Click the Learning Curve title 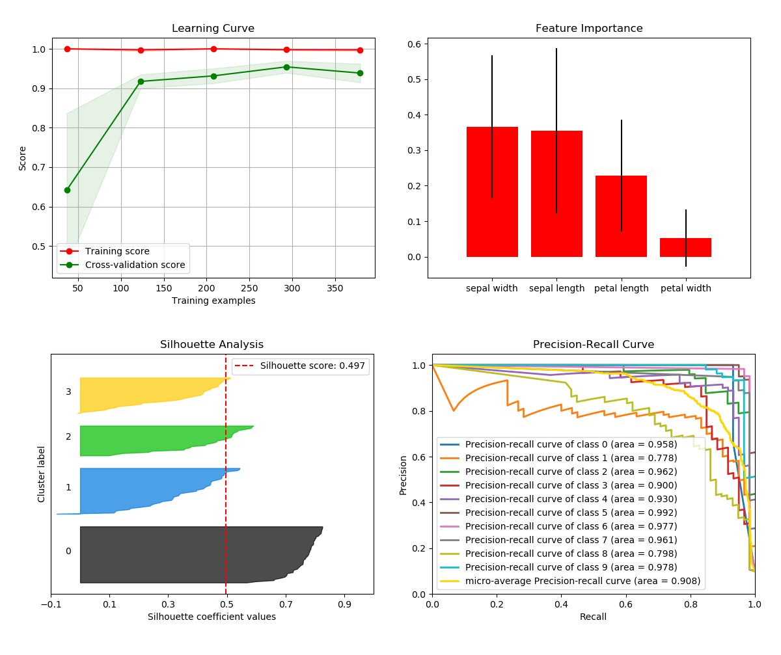tap(213, 29)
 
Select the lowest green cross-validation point tap(67, 190)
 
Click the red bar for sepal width tap(492, 192)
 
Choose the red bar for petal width tap(685, 248)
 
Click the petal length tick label tap(621, 288)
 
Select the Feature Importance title tap(589, 29)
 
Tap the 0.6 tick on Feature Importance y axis tap(412, 44)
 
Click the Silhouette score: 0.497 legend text tap(312, 366)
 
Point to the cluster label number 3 tap(68, 392)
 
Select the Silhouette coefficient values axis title tap(212, 617)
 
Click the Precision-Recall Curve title tap(594, 344)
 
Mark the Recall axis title tap(593, 617)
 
